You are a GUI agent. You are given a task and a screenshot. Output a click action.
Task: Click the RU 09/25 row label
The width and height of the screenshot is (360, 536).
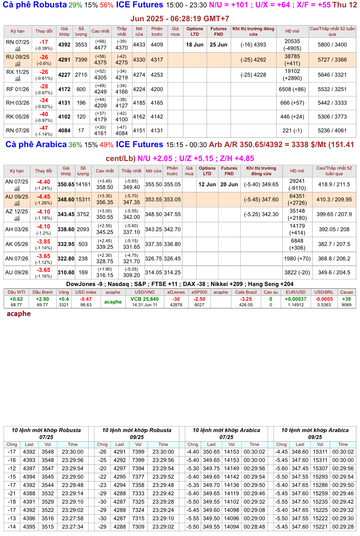(x=18, y=57)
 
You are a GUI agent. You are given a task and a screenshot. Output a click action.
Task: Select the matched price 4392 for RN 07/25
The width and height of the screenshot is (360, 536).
(x=64, y=45)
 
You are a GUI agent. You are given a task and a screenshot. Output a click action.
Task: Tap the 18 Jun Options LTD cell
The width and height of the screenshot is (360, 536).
(x=194, y=45)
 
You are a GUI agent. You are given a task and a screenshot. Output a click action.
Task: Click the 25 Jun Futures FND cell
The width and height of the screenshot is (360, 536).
(x=218, y=45)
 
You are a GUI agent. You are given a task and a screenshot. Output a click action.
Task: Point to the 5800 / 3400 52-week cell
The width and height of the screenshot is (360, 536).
(x=332, y=45)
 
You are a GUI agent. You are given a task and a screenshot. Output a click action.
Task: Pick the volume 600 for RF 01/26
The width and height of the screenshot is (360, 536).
(x=81, y=89)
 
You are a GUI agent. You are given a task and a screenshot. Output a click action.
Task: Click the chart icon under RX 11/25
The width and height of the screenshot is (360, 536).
(x=18, y=79)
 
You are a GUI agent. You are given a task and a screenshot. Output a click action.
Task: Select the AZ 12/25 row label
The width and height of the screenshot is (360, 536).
(x=17, y=212)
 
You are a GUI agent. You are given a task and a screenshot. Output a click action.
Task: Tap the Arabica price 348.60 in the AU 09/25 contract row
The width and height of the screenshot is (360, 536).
(x=66, y=199)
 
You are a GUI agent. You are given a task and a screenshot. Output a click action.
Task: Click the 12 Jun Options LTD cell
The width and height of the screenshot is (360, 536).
(x=207, y=184)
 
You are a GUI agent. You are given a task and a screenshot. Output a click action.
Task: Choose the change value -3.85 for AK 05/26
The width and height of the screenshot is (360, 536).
(x=43, y=242)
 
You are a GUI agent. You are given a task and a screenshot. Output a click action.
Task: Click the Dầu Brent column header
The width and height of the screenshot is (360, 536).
(x=42, y=292)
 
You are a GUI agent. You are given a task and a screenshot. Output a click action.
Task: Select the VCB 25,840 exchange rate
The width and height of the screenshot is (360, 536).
(x=145, y=299)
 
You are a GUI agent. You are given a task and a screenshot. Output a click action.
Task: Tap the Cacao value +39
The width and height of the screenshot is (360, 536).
(x=346, y=299)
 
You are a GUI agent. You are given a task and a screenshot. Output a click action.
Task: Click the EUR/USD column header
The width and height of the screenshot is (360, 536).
(x=295, y=292)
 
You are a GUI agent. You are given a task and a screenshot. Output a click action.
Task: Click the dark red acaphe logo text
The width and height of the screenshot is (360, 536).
(x=19, y=314)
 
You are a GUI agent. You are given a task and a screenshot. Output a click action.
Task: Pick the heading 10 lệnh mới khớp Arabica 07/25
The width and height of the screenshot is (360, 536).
(x=226, y=433)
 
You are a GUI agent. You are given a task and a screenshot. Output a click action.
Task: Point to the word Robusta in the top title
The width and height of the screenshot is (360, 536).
(x=50, y=5)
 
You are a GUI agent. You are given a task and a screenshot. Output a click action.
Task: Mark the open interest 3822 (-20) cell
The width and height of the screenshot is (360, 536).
(x=297, y=272)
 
